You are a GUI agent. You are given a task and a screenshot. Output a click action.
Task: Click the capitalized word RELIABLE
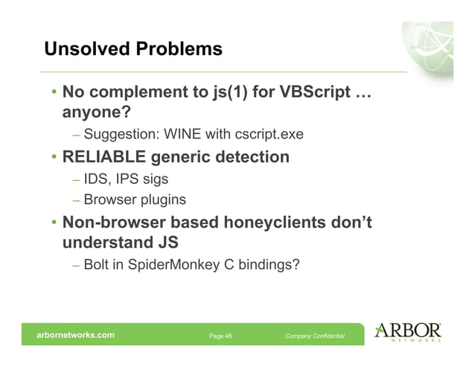[x=108, y=157]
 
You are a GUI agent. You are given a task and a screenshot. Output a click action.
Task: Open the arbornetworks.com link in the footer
[x=76, y=336]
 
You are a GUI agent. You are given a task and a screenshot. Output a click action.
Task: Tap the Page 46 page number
[x=220, y=336]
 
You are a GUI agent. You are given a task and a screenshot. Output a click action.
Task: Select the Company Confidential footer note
[x=315, y=336]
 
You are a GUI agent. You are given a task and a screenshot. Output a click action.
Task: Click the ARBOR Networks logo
[x=409, y=333]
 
